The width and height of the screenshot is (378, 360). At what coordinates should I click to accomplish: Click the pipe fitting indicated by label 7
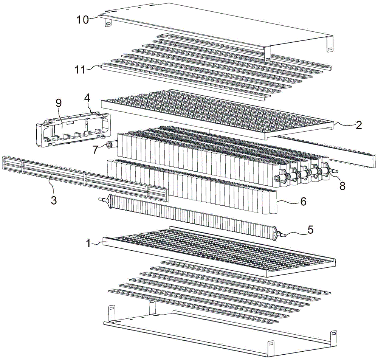111,145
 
